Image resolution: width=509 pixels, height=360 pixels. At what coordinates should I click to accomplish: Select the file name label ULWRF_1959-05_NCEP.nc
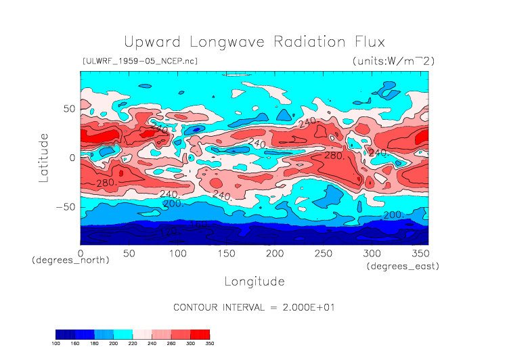pyautogui.click(x=139, y=61)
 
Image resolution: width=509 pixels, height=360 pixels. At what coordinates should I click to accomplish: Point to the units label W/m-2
pyautogui.click(x=393, y=61)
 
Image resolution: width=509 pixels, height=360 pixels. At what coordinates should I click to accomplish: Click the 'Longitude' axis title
pyautogui.click(x=255, y=281)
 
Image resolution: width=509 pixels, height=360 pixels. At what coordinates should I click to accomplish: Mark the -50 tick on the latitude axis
pyautogui.click(x=66, y=207)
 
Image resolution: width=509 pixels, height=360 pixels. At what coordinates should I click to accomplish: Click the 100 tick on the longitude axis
pyautogui.click(x=178, y=252)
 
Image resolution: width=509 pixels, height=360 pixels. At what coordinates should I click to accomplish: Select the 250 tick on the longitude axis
pyautogui.click(x=324, y=252)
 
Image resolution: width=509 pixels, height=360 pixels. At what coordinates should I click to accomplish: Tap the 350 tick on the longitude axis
pyautogui.click(x=420, y=252)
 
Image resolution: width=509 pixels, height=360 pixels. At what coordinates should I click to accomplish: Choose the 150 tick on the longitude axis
pyautogui.click(x=226, y=252)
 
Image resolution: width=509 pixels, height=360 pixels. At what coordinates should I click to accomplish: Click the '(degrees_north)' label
pyautogui.click(x=70, y=260)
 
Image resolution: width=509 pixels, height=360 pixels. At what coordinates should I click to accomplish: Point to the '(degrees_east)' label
pyautogui.click(x=403, y=267)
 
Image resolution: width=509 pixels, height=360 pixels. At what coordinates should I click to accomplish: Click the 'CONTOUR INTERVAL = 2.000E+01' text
pyautogui.click(x=255, y=307)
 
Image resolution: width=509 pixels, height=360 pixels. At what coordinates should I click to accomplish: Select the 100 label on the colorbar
pyautogui.click(x=56, y=344)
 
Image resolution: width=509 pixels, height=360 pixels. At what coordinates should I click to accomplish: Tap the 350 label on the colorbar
pyautogui.click(x=210, y=344)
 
